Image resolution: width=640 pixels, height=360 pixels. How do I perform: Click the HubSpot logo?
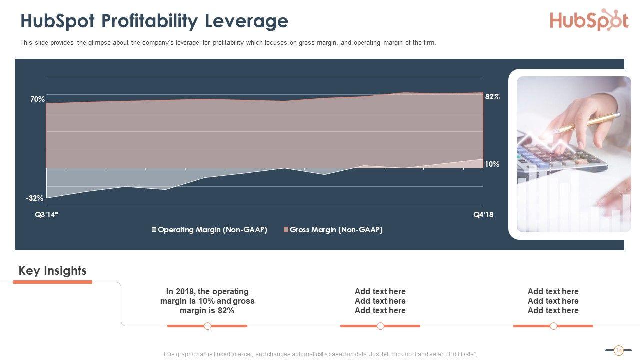[589, 20]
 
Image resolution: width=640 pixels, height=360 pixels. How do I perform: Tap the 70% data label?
[37, 99]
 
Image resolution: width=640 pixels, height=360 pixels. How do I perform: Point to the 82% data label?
[492, 97]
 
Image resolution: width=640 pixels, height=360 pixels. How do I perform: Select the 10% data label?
[492, 164]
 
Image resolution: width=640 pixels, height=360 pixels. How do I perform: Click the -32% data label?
[35, 198]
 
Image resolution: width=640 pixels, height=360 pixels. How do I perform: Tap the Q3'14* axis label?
[46, 215]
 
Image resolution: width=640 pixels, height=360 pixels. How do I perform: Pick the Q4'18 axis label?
[483, 215]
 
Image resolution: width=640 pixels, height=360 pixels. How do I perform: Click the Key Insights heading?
[52, 271]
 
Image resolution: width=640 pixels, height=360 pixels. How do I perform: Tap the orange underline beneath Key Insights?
[52, 282]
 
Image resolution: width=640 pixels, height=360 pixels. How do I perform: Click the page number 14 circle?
[618, 350]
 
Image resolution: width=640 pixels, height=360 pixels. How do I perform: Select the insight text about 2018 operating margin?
[207, 301]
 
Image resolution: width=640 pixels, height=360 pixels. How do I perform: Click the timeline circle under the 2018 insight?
[207, 326]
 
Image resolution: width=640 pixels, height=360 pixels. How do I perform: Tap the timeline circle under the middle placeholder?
[380, 326]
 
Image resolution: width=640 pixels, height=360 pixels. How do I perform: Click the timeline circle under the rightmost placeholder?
[553, 326]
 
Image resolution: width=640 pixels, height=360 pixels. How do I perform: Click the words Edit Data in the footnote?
[462, 354]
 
